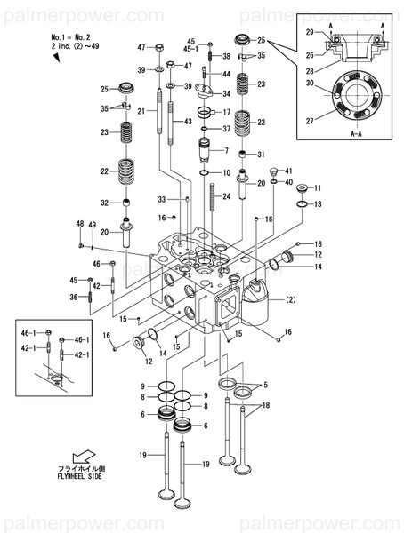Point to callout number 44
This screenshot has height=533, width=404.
[226, 74]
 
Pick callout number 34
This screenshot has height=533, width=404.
[226, 93]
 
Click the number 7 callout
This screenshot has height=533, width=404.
[226, 149]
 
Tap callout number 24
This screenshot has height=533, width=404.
[226, 196]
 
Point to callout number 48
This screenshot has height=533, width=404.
[79, 223]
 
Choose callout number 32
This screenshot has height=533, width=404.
[104, 203]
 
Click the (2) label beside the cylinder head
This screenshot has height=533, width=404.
[289, 302]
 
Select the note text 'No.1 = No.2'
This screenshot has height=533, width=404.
[70, 36]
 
